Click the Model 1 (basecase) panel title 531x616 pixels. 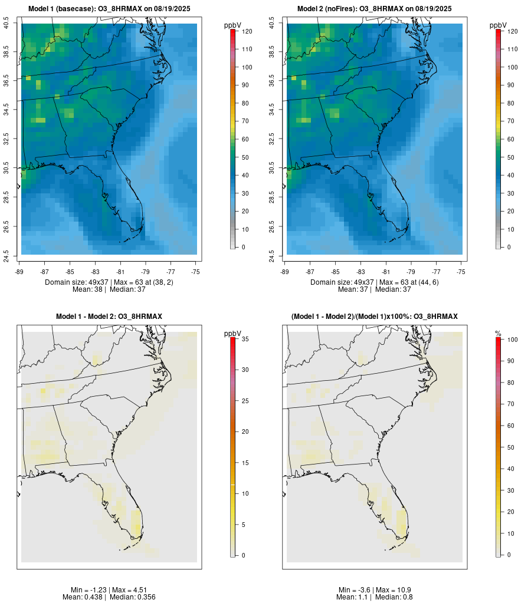pos(113,9)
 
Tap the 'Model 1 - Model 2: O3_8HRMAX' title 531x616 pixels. pos(109,317)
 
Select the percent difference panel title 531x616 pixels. pos(374,317)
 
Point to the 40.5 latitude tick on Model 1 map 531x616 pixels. pos(6,24)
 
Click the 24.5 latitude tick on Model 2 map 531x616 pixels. pos(272,255)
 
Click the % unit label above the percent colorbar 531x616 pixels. pos(498,334)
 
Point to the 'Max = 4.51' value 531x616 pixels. pos(129,590)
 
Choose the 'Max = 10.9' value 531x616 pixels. pos(394,590)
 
